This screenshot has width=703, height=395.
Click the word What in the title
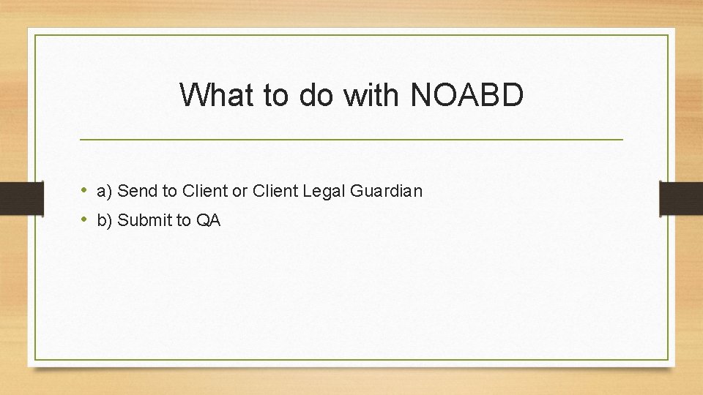pos(212,95)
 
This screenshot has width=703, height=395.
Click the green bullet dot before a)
pos(85,191)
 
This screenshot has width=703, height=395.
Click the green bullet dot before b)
pos(85,219)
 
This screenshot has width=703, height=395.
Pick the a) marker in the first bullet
pos(103,192)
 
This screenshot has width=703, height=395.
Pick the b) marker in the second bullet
pos(103,220)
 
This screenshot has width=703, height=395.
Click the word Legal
pos(324,192)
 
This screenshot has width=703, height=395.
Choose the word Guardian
pos(387,192)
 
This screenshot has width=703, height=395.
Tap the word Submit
pos(142,220)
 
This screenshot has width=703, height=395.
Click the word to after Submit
pos(182,220)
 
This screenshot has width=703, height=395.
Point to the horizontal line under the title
pos(351,139)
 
